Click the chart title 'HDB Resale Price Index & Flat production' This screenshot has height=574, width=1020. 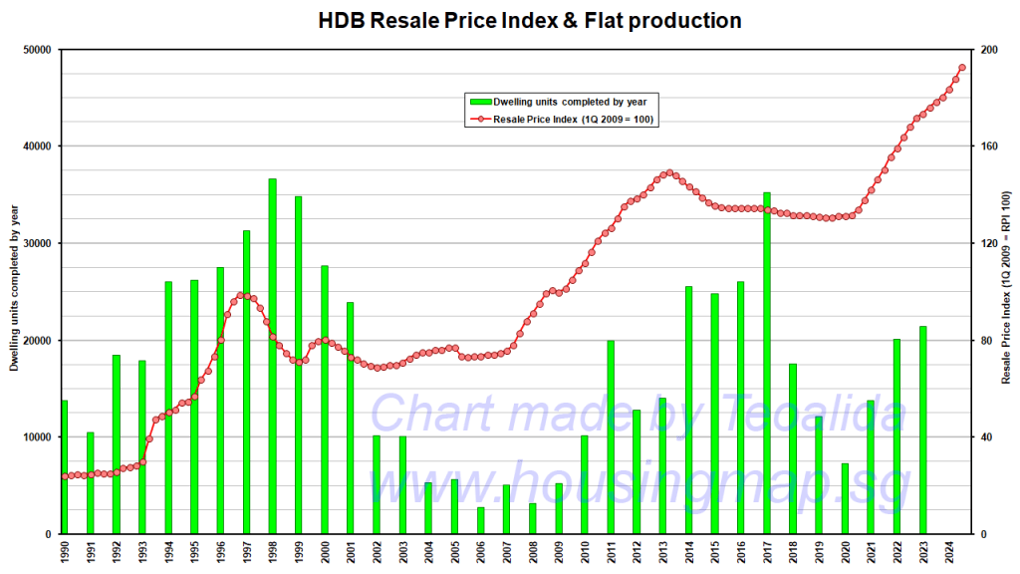coord(529,20)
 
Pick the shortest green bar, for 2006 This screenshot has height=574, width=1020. coord(480,520)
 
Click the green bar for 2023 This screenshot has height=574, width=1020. coord(922,430)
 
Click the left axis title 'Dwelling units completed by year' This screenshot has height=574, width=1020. coord(14,288)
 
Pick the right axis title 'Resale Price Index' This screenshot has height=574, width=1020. coord(1006,288)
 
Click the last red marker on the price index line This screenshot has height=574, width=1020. coord(961,68)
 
